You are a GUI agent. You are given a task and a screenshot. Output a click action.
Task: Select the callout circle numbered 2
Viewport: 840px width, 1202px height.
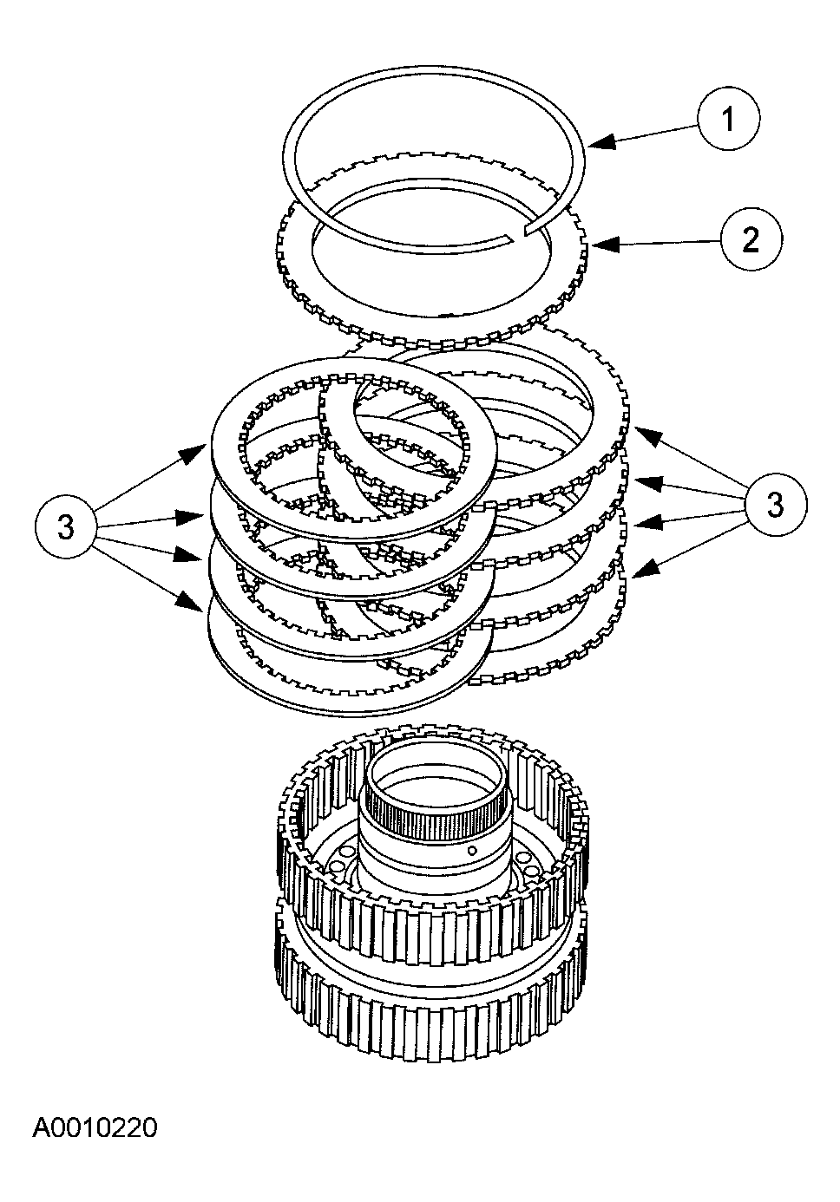coord(751,238)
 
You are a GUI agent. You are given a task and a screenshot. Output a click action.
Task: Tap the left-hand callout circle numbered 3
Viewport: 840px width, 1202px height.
coord(67,527)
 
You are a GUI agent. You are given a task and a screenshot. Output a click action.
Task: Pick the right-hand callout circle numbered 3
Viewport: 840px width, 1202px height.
coord(775,504)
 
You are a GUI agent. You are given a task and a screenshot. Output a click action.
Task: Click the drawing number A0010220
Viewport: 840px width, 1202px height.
coord(95,1128)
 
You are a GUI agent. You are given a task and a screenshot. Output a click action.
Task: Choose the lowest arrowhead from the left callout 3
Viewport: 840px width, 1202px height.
coord(200,604)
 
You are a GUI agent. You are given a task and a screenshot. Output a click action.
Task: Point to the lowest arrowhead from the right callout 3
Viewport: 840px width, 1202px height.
coord(633,573)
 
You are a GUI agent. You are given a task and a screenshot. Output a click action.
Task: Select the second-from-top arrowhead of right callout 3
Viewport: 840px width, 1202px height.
coord(637,479)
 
